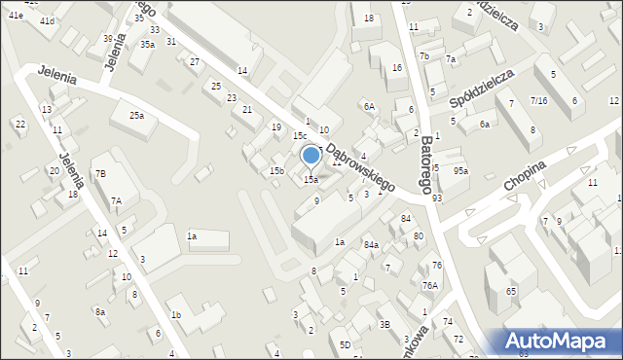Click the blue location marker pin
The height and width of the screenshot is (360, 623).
[311, 157]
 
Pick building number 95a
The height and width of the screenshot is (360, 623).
[460, 171]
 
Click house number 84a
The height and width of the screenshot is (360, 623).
[371, 245]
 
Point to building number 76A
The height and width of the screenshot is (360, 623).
[429, 286]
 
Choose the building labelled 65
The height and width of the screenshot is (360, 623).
[511, 292]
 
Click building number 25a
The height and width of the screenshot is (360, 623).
[138, 116]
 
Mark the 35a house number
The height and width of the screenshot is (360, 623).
[147, 45]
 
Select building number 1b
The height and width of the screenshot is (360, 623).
[176, 315]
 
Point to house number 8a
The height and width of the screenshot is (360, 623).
[99, 312]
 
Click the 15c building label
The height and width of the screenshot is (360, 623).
[301, 136]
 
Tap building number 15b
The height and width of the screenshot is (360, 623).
[276, 171]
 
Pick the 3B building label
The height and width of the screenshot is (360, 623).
[385, 325]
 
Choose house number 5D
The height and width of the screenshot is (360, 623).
[345, 344]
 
